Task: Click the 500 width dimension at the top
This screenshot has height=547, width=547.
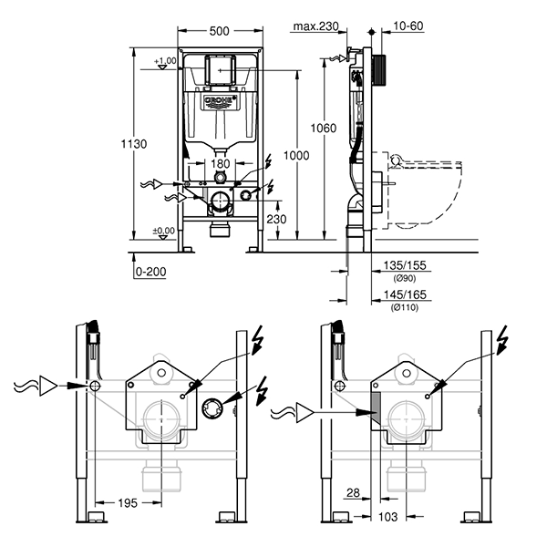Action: coord(219,30)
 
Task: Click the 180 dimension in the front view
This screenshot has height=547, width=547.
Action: coord(220,164)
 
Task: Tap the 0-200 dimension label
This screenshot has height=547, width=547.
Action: coord(150,272)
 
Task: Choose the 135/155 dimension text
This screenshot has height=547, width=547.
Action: coord(402,266)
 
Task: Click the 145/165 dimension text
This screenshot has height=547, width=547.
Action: coord(402,296)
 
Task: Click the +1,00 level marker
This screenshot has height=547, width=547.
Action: coord(165,61)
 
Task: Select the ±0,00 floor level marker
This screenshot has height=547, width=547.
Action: coord(164,231)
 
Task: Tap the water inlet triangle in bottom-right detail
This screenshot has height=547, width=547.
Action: coord(308,413)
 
